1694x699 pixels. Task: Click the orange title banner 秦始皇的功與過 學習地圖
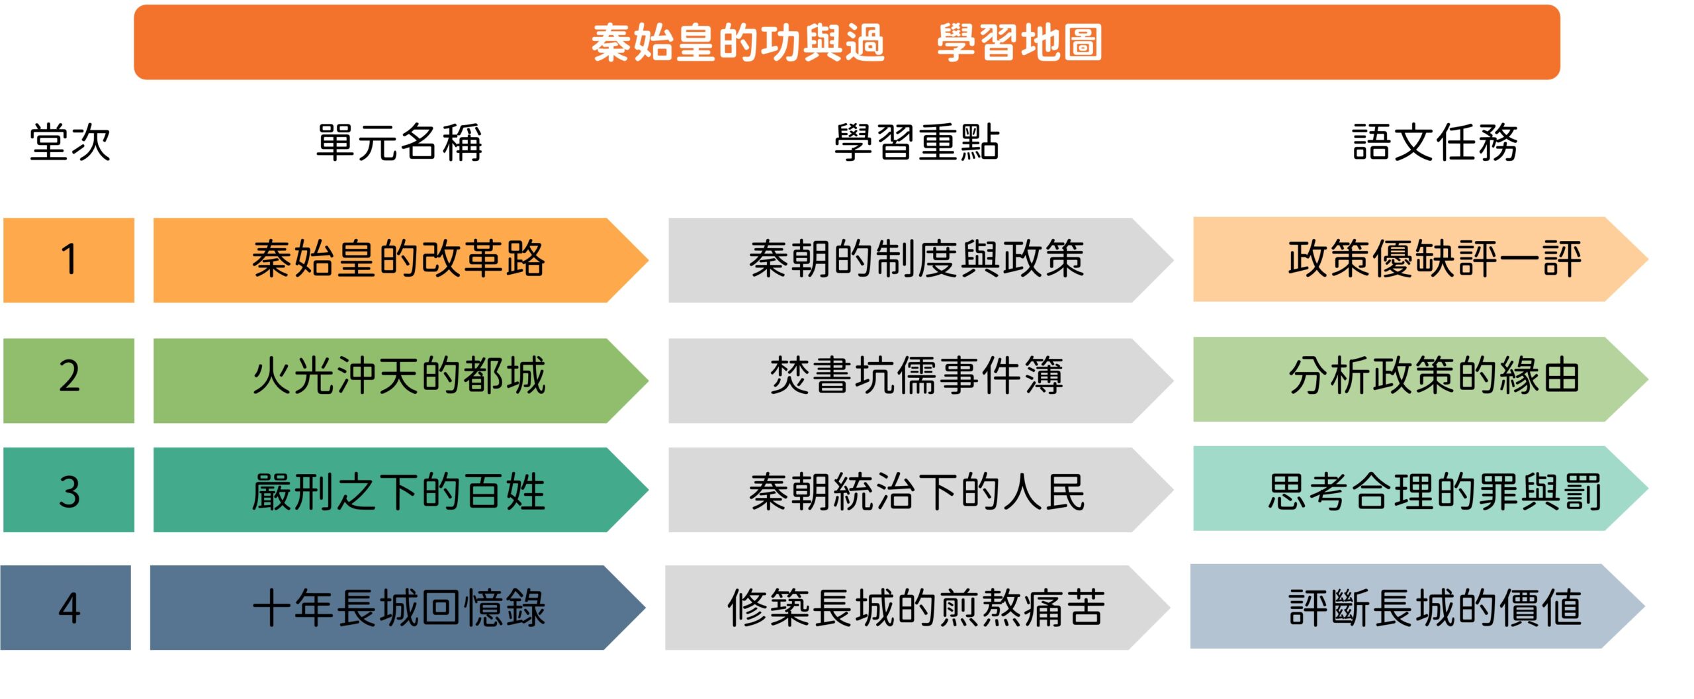[x=847, y=42]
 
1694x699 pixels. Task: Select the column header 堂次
[x=69, y=142]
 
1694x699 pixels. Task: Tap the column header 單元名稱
[x=400, y=142]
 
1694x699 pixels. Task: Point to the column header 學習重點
[x=916, y=142]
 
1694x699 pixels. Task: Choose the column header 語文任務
[x=1435, y=142]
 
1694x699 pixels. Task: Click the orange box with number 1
[x=69, y=260]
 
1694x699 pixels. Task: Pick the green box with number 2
[x=69, y=381]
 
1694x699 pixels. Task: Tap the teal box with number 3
[x=69, y=490]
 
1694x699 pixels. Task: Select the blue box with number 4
[x=66, y=608]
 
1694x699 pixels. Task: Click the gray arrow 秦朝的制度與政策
[x=920, y=260]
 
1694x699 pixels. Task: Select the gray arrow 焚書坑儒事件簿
[x=920, y=381]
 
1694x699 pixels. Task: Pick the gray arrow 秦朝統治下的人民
[x=920, y=490]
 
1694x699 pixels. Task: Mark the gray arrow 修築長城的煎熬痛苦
[x=917, y=608]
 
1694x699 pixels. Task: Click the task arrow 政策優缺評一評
[x=1421, y=259]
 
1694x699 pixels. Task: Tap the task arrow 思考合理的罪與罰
[x=1421, y=489]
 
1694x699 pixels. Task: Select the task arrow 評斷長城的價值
[x=1417, y=606]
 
